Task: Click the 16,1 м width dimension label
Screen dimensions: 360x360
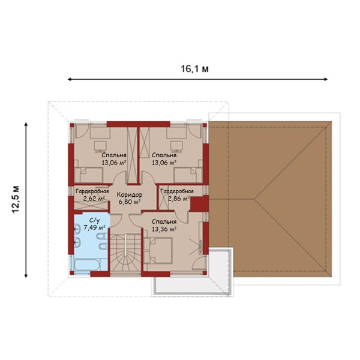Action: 195,68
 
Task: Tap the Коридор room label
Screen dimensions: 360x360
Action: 130,194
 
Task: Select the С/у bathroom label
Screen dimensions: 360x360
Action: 94,221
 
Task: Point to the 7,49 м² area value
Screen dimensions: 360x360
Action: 94,227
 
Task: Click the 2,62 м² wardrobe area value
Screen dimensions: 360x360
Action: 94,199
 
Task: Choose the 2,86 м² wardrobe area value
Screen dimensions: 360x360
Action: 179,199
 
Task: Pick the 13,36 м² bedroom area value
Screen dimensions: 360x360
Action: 164,229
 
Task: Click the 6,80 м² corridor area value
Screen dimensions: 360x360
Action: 130,202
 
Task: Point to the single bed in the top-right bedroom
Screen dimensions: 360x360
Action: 188,175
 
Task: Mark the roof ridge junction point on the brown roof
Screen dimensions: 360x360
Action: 254,199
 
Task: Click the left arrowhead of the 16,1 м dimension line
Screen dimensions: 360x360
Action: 70,79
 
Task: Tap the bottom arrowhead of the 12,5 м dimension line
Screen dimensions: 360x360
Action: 26,275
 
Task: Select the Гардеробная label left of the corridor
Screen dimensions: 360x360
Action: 92,191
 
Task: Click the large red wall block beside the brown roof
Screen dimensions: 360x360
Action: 199,203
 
